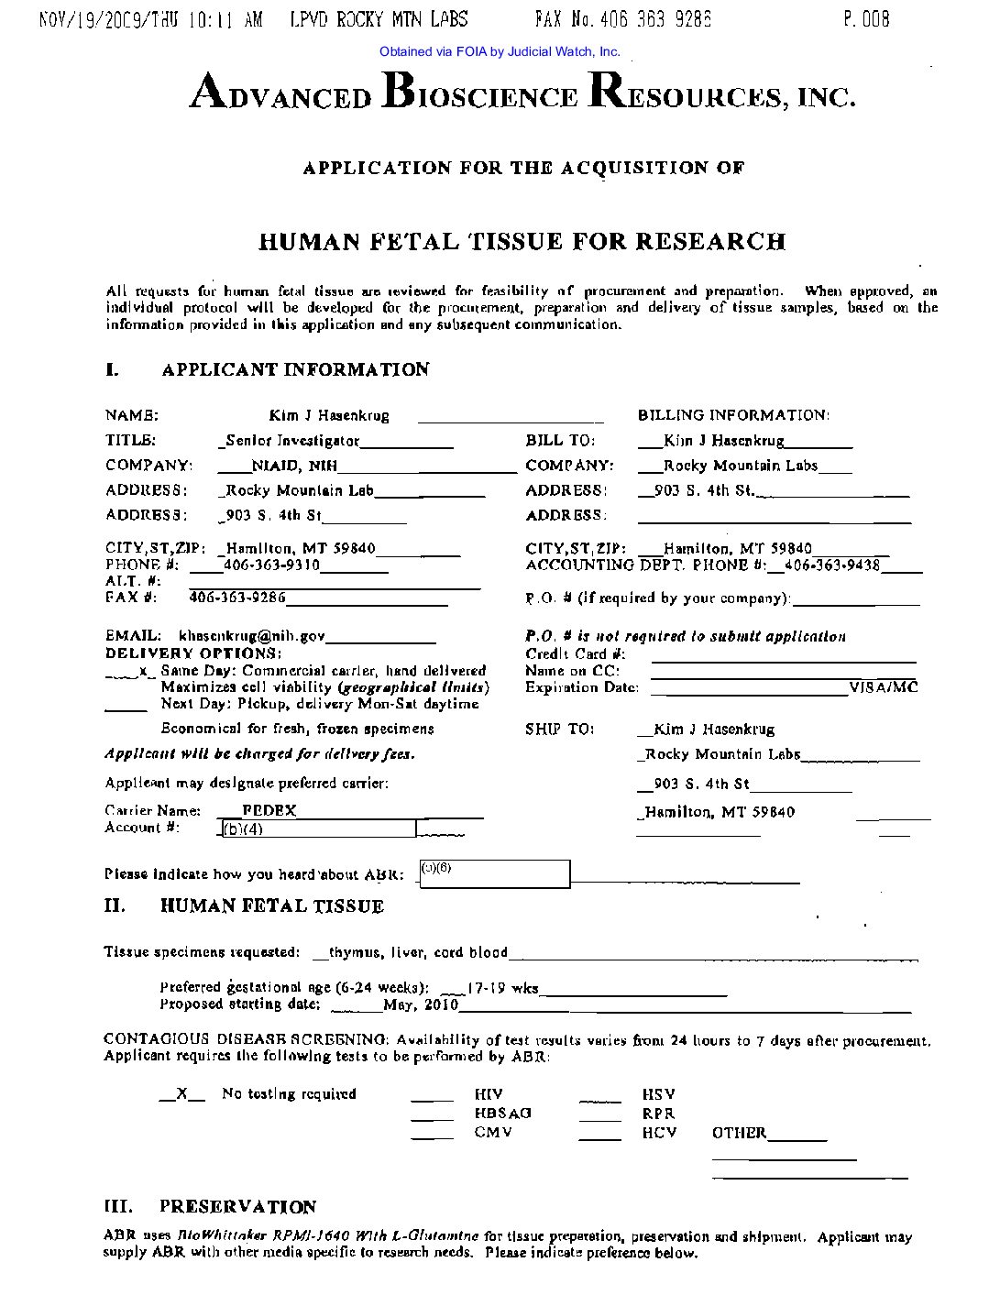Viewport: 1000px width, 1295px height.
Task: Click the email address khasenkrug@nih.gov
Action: coord(251,636)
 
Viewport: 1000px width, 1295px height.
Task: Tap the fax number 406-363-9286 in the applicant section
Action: coord(237,598)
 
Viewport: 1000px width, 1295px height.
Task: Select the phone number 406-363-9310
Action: coord(272,565)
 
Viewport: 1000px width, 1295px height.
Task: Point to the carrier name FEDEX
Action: coord(269,810)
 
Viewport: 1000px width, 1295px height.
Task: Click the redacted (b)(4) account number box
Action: coord(318,829)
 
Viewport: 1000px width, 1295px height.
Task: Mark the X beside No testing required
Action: coord(181,1094)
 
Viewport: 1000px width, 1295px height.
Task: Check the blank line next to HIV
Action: coord(432,1096)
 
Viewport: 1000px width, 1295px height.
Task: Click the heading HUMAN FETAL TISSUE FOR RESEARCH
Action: coord(522,242)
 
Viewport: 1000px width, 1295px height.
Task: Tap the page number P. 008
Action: coord(866,19)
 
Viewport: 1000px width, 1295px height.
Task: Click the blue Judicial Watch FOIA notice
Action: coord(500,52)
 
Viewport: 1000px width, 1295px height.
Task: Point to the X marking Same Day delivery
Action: coord(142,672)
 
